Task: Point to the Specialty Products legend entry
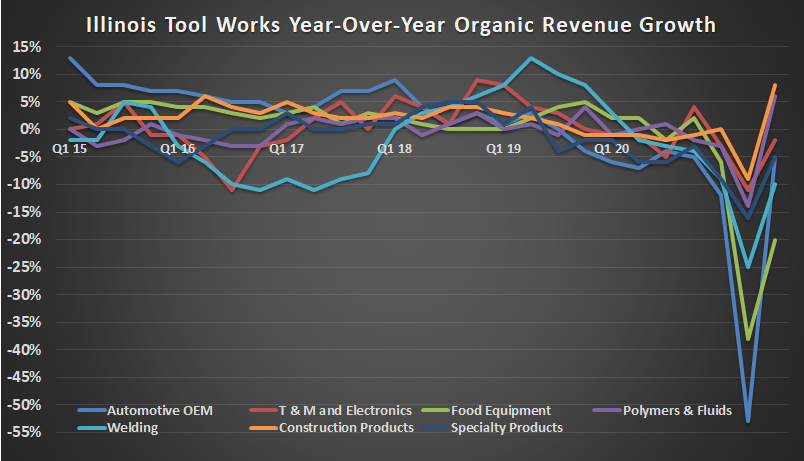(x=507, y=427)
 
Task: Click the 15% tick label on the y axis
(x=27, y=47)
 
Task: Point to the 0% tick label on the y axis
(x=31, y=130)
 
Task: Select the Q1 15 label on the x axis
(x=69, y=148)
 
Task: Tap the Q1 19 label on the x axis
(x=503, y=148)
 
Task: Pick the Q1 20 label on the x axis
(x=611, y=148)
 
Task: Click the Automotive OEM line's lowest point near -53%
(x=748, y=421)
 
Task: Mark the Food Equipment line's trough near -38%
(x=748, y=339)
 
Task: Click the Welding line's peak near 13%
(x=531, y=58)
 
